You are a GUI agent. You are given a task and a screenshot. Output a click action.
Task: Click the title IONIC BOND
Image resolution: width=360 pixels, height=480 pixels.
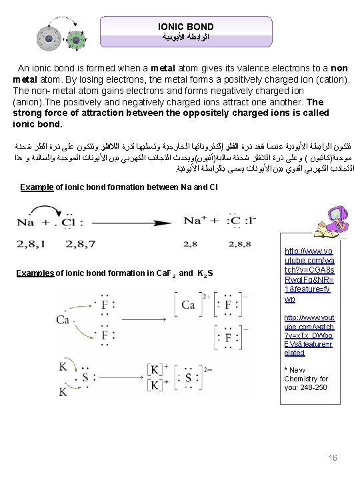[185, 27]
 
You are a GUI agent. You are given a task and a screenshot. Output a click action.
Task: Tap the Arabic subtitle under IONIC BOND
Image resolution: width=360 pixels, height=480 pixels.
[185, 39]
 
